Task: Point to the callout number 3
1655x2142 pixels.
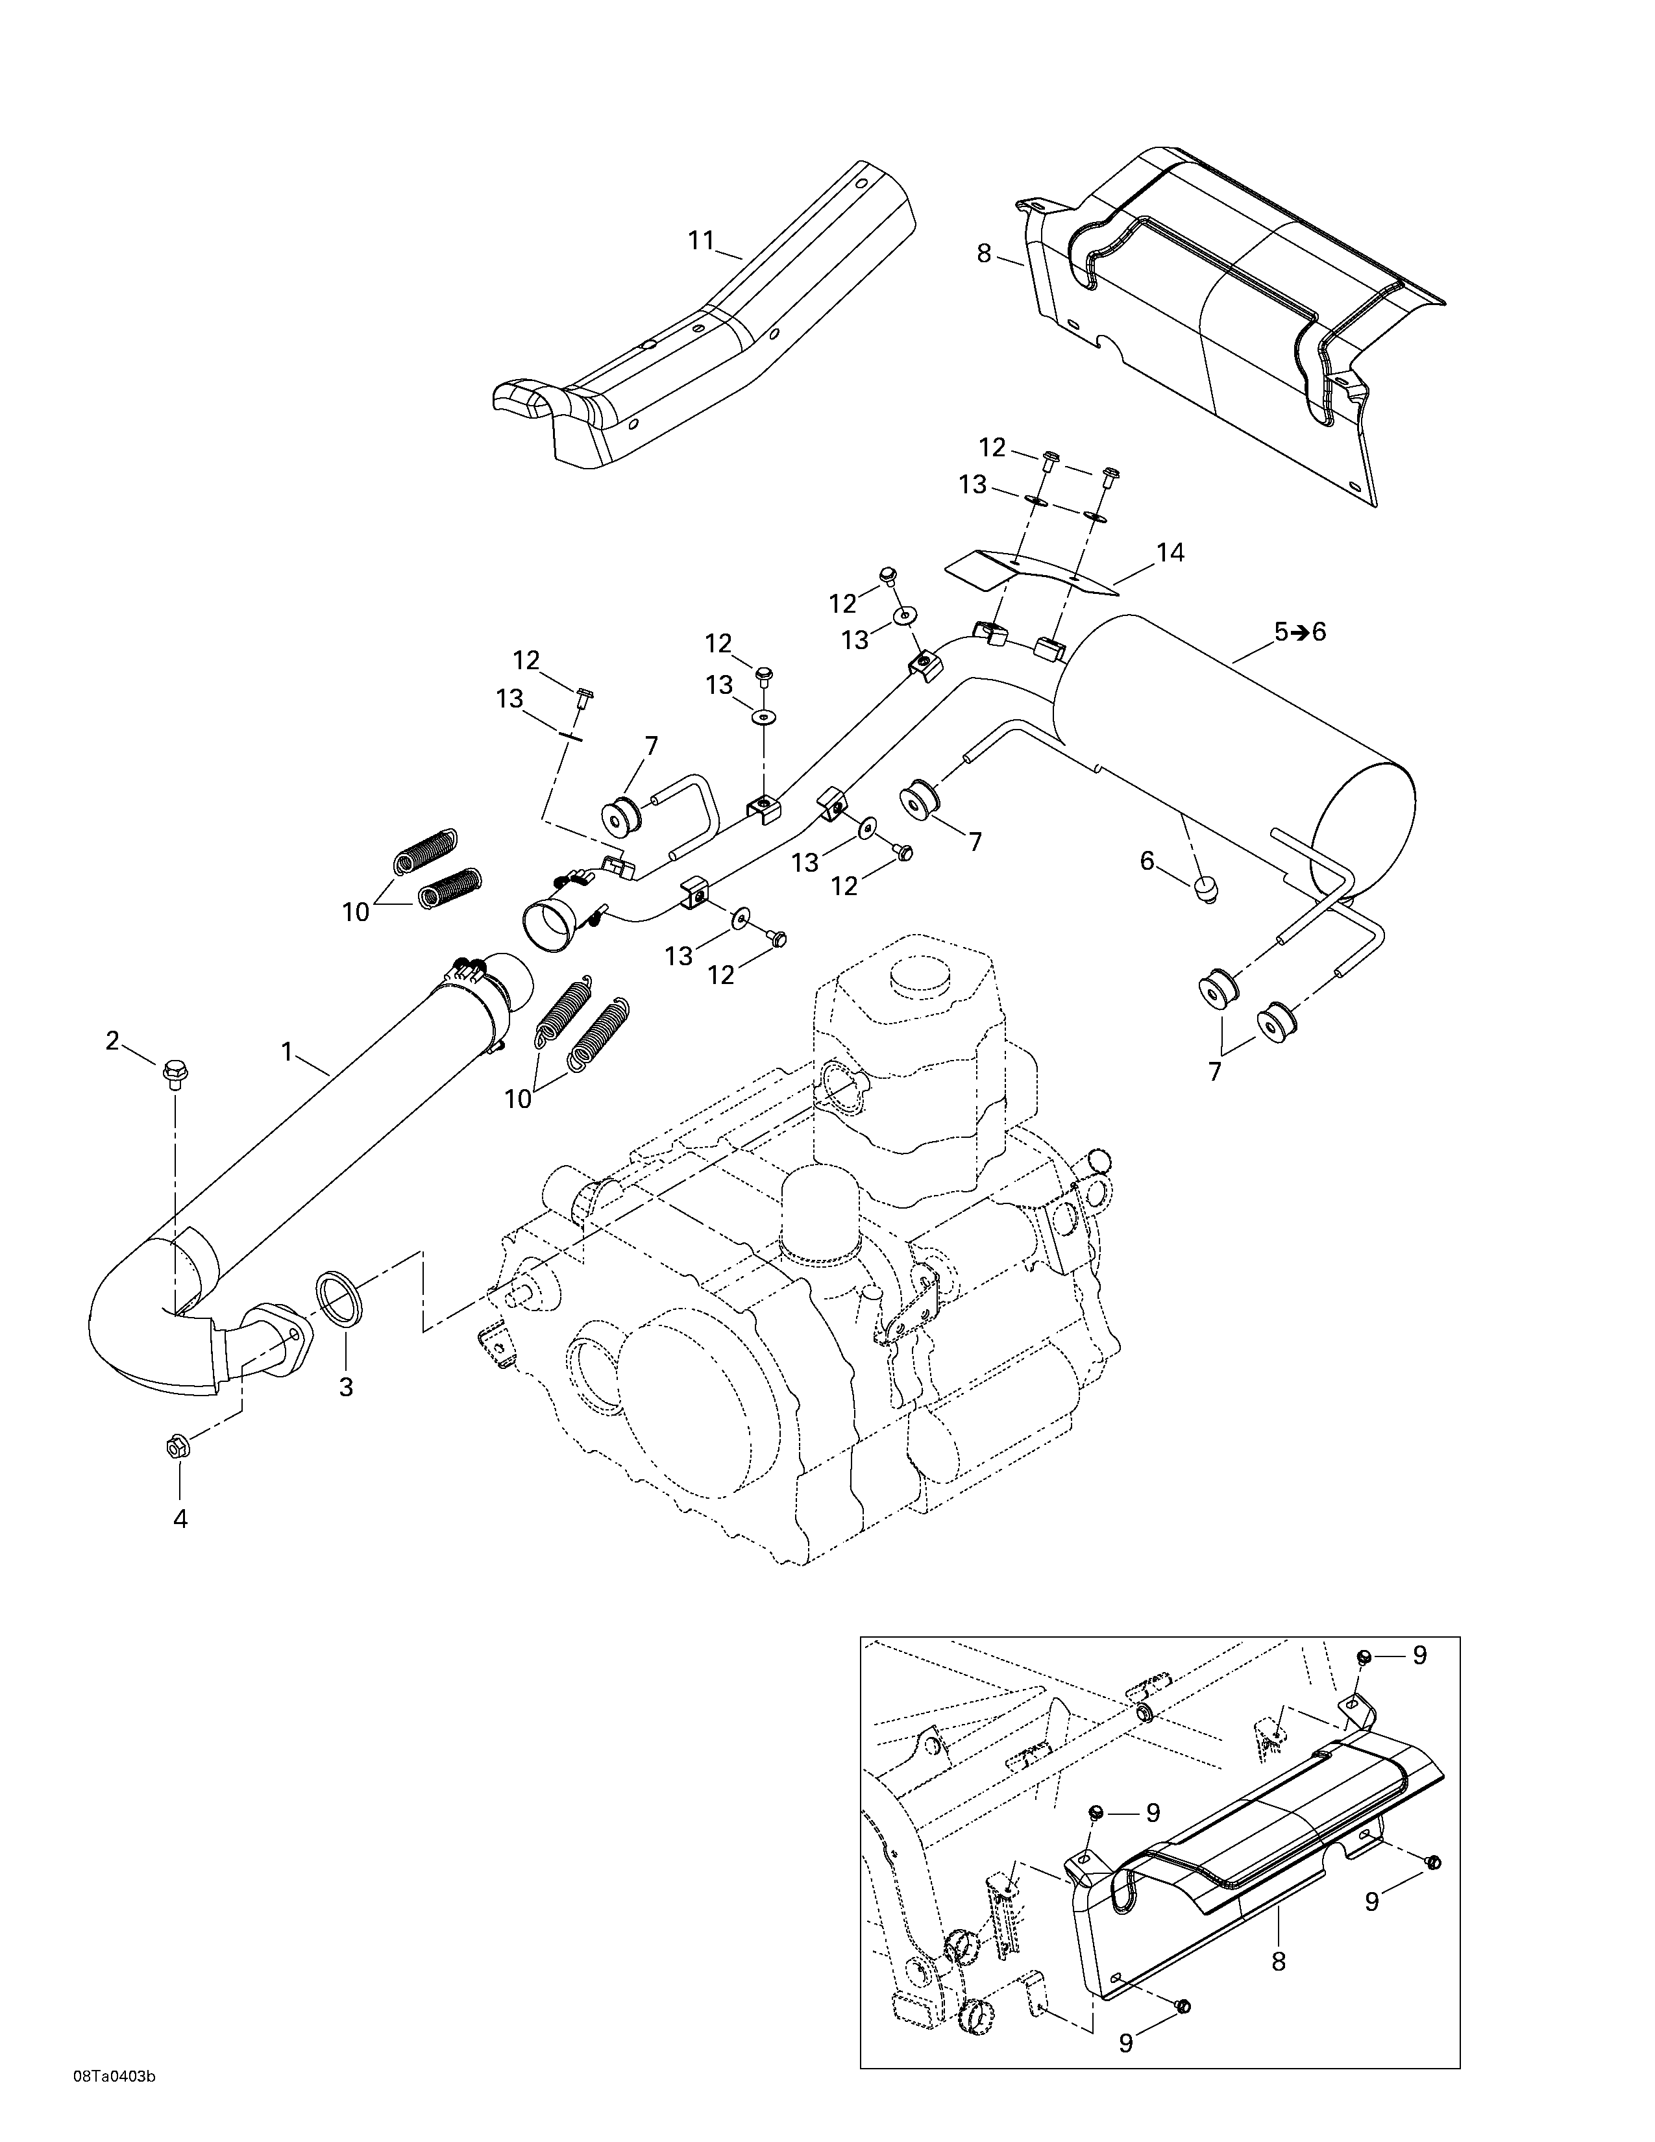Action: (346, 1387)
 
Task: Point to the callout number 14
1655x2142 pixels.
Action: (1170, 553)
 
